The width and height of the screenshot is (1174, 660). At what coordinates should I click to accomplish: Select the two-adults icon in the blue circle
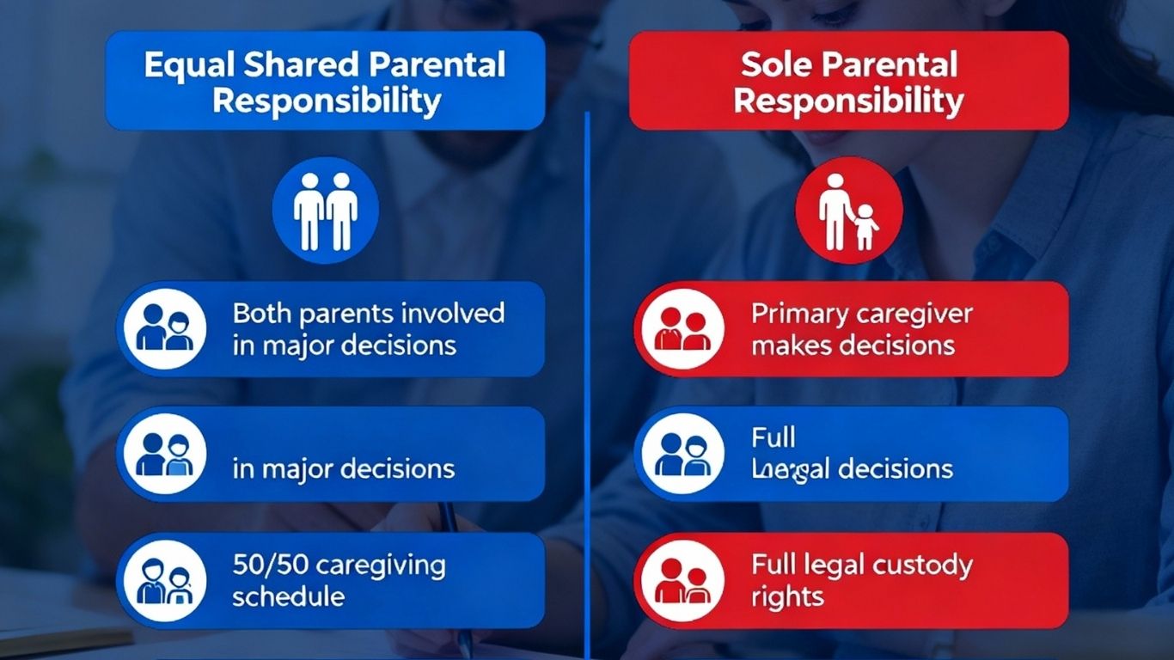pyautogui.click(x=326, y=211)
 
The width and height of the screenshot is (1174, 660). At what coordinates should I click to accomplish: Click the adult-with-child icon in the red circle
pyautogui.click(x=849, y=211)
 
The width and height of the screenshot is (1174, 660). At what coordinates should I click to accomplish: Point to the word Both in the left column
pyautogui.click(x=263, y=313)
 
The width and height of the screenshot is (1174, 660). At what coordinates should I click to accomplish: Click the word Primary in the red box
pyautogui.click(x=800, y=313)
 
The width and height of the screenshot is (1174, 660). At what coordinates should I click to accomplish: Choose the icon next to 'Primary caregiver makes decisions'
pyautogui.click(x=682, y=329)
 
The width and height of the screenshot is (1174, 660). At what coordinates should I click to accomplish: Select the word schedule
pyautogui.click(x=288, y=596)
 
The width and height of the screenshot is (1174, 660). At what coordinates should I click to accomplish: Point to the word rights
pyautogui.click(x=787, y=596)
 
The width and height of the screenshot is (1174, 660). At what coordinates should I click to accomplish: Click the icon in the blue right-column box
pyautogui.click(x=682, y=454)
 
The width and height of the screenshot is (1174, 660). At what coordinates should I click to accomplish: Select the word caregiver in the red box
pyautogui.click(x=914, y=313)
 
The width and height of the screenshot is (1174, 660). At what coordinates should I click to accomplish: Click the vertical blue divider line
pyautogui.click(x=588, y=387)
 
